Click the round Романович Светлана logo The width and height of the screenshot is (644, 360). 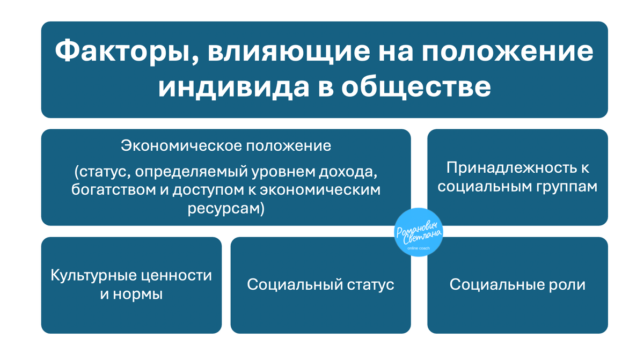coord(419,232)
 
